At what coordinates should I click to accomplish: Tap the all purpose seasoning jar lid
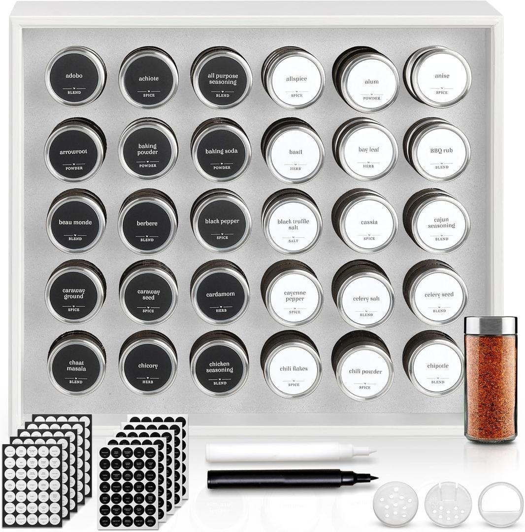222,80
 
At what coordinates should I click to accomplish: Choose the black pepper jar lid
222,223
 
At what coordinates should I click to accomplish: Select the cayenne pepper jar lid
295,297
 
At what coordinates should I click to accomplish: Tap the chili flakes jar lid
293,369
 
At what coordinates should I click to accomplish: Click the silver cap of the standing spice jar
491,326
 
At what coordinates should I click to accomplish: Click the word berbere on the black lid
147,224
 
